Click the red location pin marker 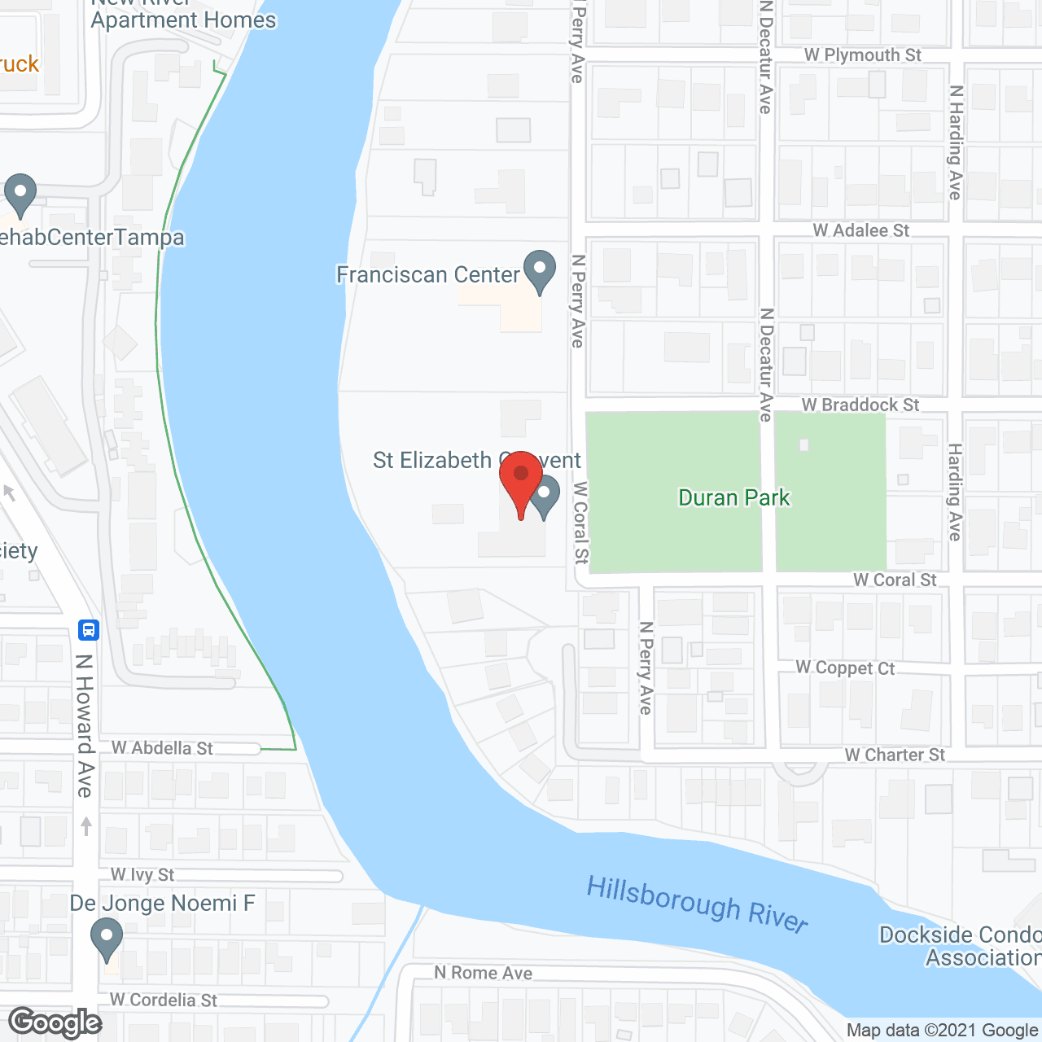[x=521, y=480]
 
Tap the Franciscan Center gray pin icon [x=539, y=270]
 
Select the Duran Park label [x=734, y=497]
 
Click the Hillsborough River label [x=697, y=902]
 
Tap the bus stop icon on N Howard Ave [x=89, y=629]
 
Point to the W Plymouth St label [x=862, y=55]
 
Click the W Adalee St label [x=860, y=230]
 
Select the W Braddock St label [x=860, y=405]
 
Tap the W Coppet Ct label [x=845, y=668]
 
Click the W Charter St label [x=895, y=755]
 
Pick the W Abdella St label [x=162, y=747]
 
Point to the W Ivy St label [x=142, y=874]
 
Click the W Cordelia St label [x=164, y=1000]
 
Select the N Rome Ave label [x=483, y=972]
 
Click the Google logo [x=55, y=1022]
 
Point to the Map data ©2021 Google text [x=942, y=1030]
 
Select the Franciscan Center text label [x=427, y=274]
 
